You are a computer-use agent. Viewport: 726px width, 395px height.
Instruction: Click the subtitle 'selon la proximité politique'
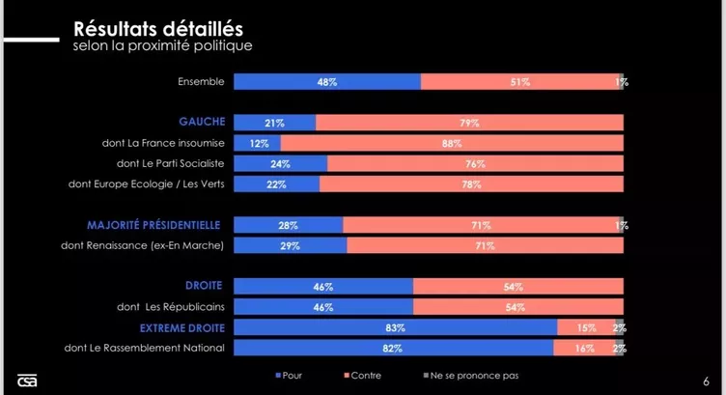[x=163, y=45]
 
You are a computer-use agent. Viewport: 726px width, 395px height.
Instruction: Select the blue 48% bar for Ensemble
[x=327, y=82]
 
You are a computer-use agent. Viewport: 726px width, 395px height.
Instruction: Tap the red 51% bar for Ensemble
[x=520, y=82]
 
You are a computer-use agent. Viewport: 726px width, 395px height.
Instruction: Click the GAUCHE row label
[x=202, y=122]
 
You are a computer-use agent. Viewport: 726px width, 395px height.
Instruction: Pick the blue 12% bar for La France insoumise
[x=258, y=143]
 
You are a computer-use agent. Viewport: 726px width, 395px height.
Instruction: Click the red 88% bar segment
[x=452, y=143]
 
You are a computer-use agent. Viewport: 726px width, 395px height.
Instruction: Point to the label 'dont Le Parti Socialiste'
[x=163, y=163]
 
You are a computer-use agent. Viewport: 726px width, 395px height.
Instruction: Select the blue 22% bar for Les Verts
[x=277, y=183]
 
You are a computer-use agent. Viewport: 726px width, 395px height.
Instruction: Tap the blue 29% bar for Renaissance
[x=291, y=245]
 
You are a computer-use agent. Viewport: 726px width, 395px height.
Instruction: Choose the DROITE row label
[x=204, y=286]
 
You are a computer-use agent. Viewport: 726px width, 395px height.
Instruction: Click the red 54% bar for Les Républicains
[x=517, y=307]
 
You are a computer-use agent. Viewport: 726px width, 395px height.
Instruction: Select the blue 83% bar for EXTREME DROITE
[x=396, y=327]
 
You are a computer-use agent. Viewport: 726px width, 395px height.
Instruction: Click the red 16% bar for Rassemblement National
[x=583, y=348]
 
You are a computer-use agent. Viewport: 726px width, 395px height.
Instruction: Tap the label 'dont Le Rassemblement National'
[x=144, y=348]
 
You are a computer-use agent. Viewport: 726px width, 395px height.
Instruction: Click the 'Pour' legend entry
[x=289, y=375]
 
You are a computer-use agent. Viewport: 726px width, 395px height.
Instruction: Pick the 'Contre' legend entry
[x=362, y=375]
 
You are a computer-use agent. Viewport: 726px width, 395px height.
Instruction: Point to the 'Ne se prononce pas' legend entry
[x=466, y=375]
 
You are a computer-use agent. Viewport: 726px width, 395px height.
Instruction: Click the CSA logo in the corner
[x=27, y=380]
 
